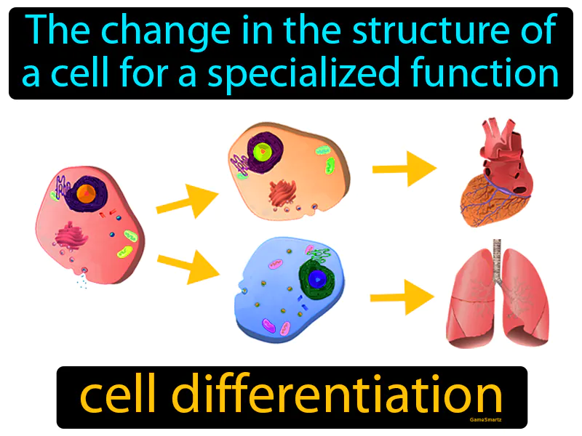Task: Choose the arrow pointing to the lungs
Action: (402, 298)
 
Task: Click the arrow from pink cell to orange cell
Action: (187, 201)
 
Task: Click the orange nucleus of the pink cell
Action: (85, 193)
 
